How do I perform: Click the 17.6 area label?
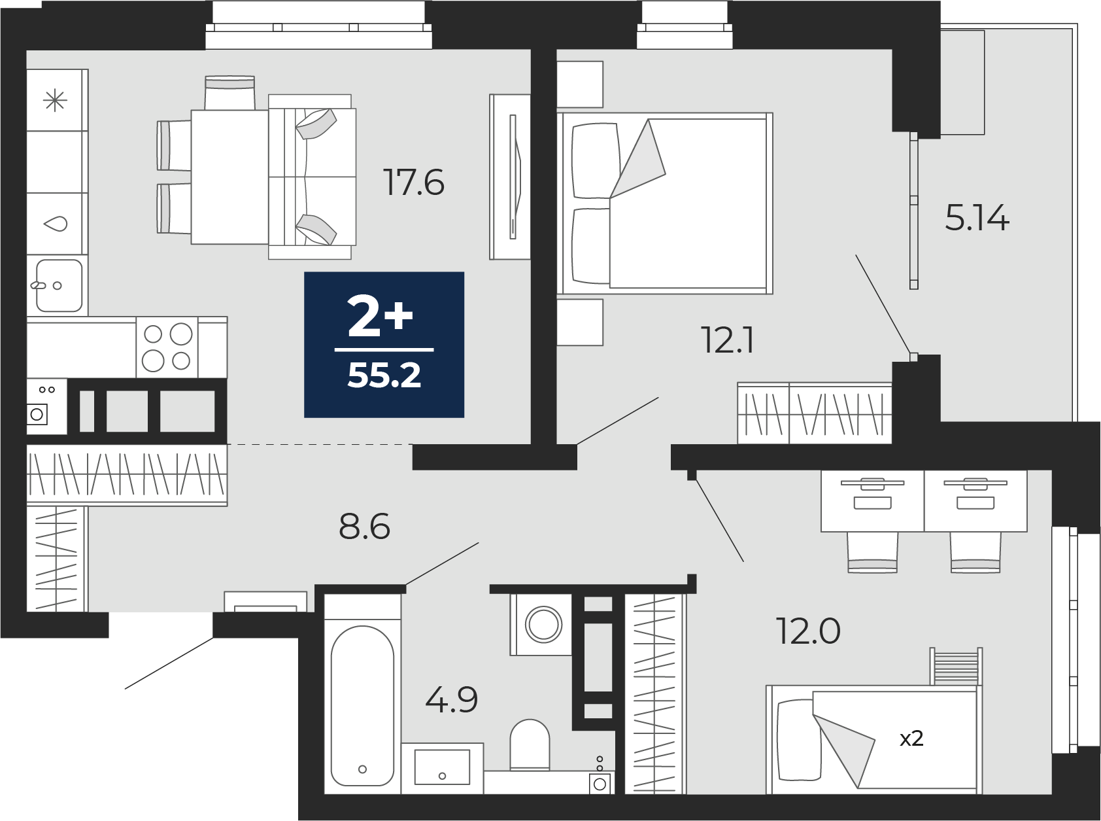coord(415,183)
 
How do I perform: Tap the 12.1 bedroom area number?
coord(728,340)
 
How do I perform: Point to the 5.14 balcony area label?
coord(977,218)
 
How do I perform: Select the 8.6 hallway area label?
coord(365,526)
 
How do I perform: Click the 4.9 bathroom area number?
coord(452,699)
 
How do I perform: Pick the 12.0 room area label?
coord(808,631)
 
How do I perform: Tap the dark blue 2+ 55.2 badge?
coord(384,344)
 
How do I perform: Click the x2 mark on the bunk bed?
coord(911,739)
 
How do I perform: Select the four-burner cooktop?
coord(167,347)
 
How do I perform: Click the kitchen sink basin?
coord(59,286)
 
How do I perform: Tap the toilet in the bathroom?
coord(530,745)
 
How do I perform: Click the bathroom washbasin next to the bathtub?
coord(443,767)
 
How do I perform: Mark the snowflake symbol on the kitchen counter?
coord(55,101)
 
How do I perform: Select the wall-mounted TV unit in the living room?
coord(510,177)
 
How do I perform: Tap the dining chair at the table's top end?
coord(229,93)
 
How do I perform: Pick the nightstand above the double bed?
coord(580,84)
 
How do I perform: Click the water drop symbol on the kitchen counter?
coord(56,224)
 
